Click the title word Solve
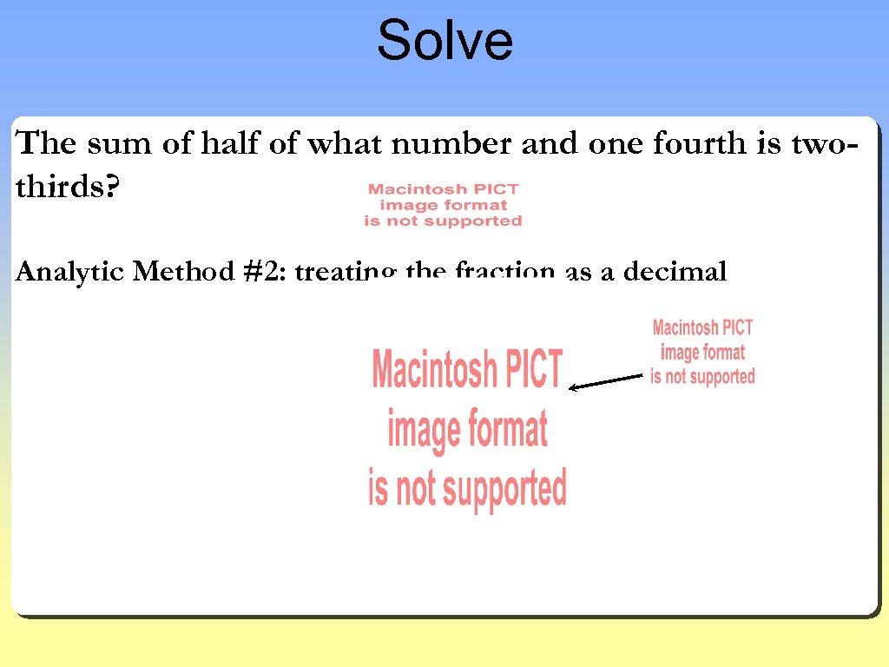coord(444,41)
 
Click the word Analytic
coord(70,273)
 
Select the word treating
coord(346,273)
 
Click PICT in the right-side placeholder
coord(737,327)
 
